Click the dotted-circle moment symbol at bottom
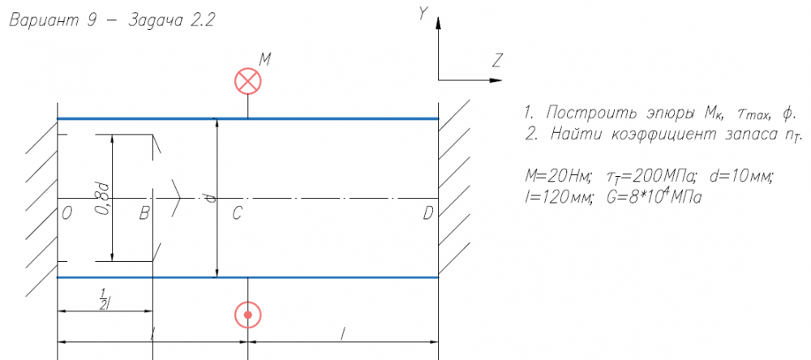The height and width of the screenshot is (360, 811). coord(247,315)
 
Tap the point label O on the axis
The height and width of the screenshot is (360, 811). coord(67,213)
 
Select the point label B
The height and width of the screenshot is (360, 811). coord(144,213)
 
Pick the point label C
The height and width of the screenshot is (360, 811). coord(237,213)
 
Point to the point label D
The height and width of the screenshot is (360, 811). coord(427,213)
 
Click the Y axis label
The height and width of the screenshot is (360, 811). coord(423,14)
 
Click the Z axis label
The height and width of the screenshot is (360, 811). coord(497,59)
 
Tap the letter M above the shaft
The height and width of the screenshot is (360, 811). coord(265,59)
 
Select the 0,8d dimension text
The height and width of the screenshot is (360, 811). coord(102,198)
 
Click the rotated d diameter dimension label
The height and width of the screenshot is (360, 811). coord(209,197)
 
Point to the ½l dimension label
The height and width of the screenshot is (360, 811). coord(103,298)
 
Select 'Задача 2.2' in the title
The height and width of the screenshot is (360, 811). coord(170,22)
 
